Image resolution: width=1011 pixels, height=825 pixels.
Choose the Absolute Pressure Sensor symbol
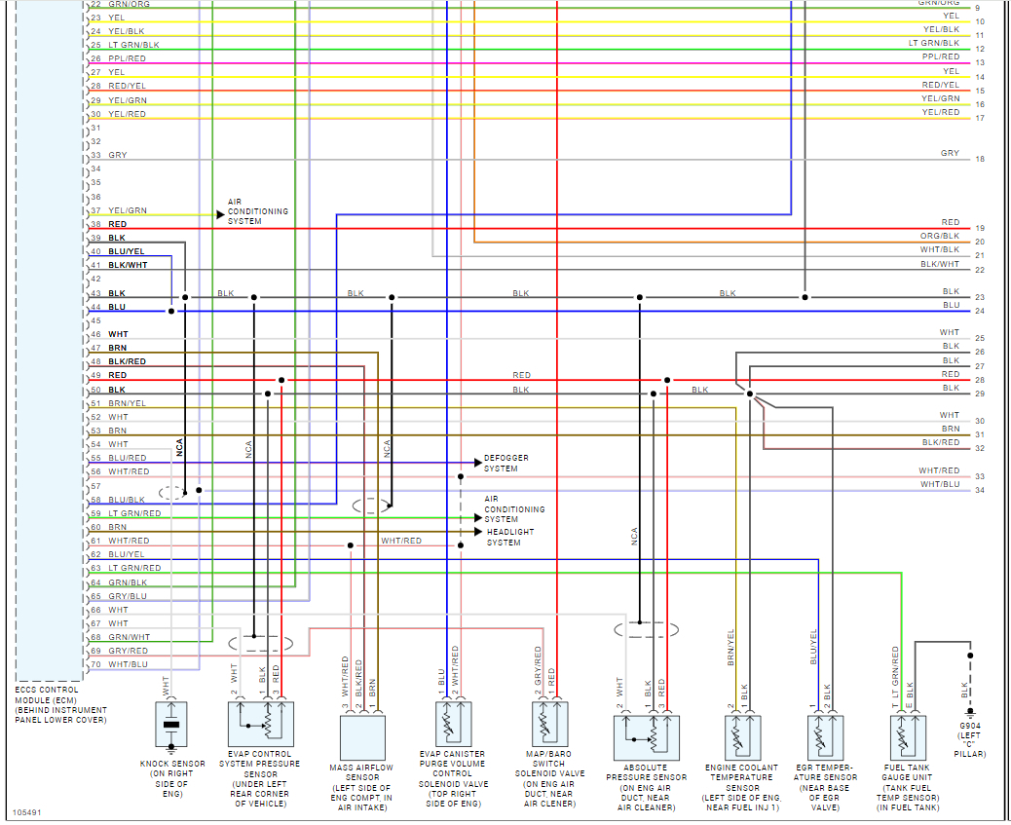click(x=646, y=736)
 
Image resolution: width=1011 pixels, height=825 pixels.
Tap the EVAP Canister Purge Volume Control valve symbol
click(x=450, y=725)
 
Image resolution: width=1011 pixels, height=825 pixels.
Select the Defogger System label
click(x=501, y=463)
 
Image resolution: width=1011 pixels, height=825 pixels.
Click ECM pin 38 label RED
click(x=117, y=224)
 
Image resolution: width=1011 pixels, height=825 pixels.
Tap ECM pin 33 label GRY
click(x=117, y=155)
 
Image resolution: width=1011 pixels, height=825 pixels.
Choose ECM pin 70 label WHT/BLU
click(x=128, y=664)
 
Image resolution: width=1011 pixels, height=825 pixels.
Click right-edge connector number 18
click(x=980, y=159)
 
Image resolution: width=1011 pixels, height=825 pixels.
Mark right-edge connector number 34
click(x=980, y=490)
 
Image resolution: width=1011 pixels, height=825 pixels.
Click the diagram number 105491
click(x=28, y=811)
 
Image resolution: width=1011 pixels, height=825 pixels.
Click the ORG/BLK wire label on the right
click(x=939, y=236)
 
